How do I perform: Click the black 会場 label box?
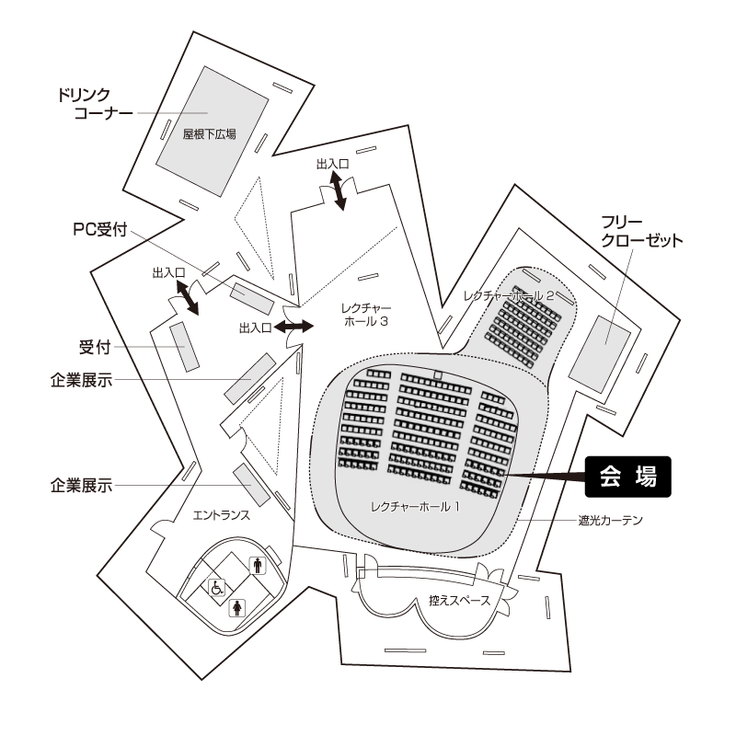pyautogui.click(x=627, y=477)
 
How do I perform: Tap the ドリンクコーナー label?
pyautogui.click(x=96, y=104)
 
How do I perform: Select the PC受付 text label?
pyautogui.click(x=100, y=229)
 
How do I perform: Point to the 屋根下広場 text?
pyautogui.click(x=210, y=134)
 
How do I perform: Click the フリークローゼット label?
pyautogui.click(x=641, y=232)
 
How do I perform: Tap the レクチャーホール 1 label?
pyautogui.click(x=416, y=507)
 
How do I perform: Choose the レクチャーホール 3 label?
pyautogui.click(x=366, y=315)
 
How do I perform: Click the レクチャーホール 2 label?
pyautogui.click(x=509, y=295)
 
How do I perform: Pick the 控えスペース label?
pyautogui.click(x=459, y=601)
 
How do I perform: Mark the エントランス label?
pyautogui.click(x=222, y=515)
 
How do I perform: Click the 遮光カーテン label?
pyautogui.click(x=610, y=520)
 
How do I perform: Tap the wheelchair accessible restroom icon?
pyautogui.click(x=217, y=587)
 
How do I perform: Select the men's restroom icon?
pyautogui.click(x=258, y=565)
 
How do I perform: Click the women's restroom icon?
pyautogui.click(x=237, y=608)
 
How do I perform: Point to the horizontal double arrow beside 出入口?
pyautogui.click(x=293, y=327)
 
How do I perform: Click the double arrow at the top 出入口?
pyautogui.click(x=338, y=190)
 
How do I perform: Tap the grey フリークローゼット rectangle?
pyautogui.click(x=600, y=354)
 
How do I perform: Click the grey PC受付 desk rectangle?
pyautogui.click(x=251, y=298)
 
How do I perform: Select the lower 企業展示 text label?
pyautogui.click(x=82, y=486)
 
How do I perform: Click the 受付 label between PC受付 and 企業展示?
pyautogui.click(x=95, y=348)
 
